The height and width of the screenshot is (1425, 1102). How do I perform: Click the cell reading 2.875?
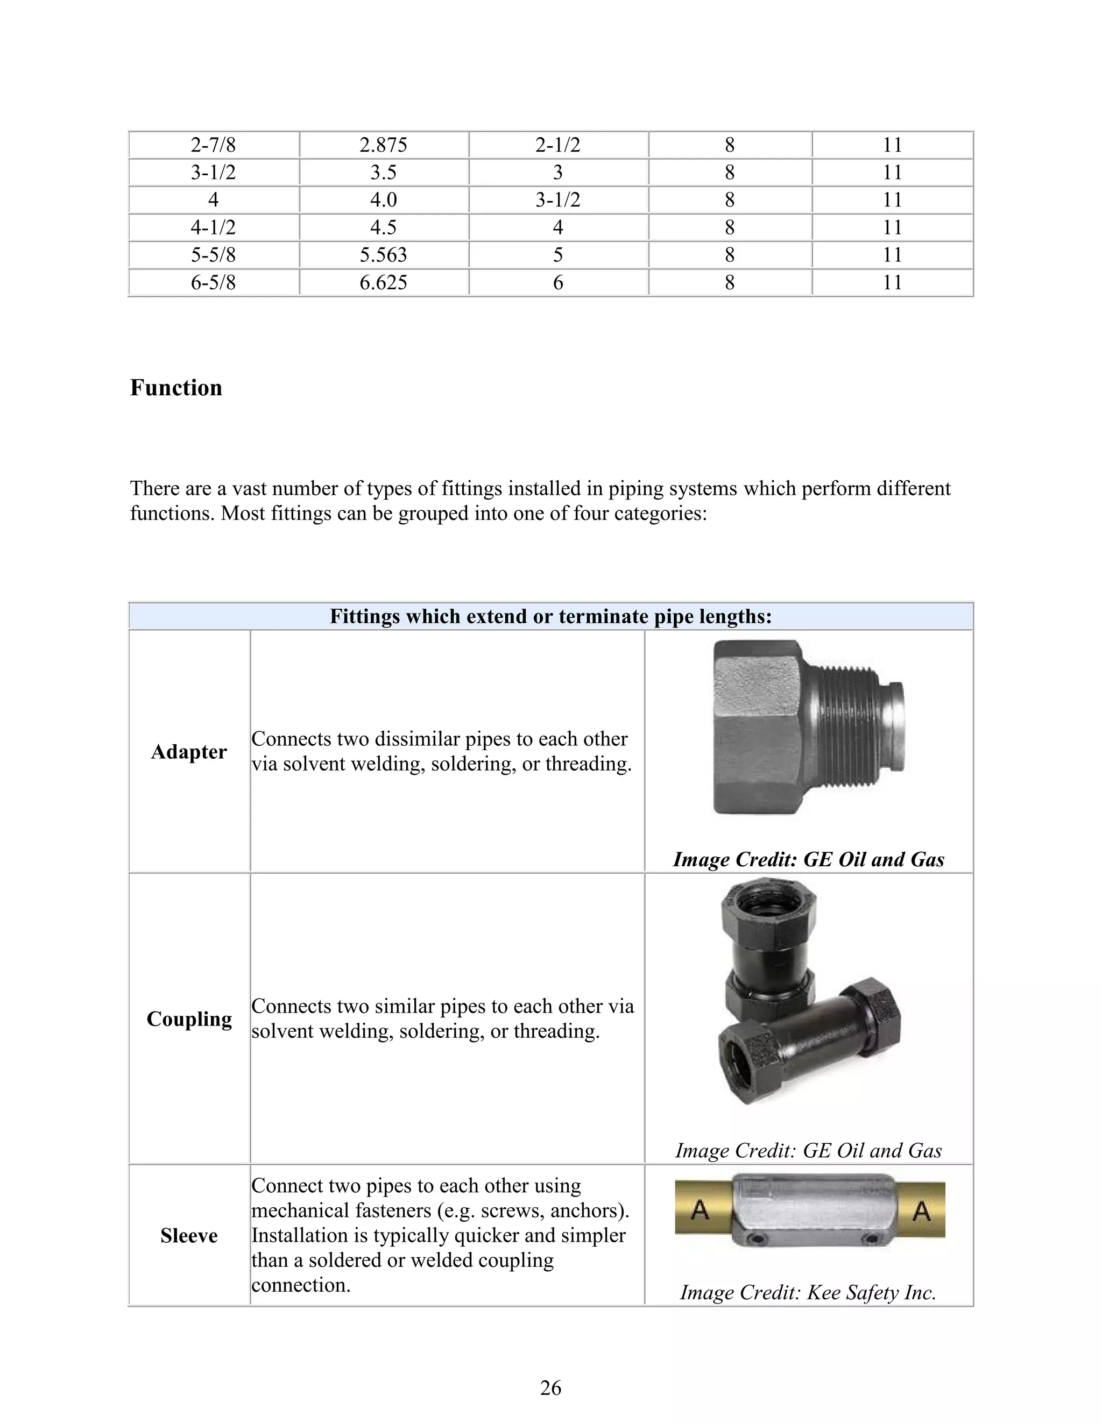tap(383, 145)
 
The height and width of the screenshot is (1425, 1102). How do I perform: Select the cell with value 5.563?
tap(383, 254)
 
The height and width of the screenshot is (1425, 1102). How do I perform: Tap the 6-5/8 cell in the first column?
tap(213, 282)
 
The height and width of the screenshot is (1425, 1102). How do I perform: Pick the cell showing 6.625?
tap(383, 282)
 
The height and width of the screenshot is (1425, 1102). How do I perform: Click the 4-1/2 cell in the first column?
tap(213, 227)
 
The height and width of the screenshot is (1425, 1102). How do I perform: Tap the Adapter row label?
tap(189, 752)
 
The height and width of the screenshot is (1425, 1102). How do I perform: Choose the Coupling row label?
tap(189, 1019)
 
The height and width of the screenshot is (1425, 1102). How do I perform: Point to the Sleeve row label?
tap(189, 1236)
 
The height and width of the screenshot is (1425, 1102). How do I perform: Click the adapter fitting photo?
tap(808, 727)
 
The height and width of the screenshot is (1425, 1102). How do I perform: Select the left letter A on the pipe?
tap(699, 1210)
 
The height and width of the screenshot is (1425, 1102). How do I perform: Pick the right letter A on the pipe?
tap(921, 1212)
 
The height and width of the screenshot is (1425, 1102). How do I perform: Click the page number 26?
tap(550, 1388)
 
